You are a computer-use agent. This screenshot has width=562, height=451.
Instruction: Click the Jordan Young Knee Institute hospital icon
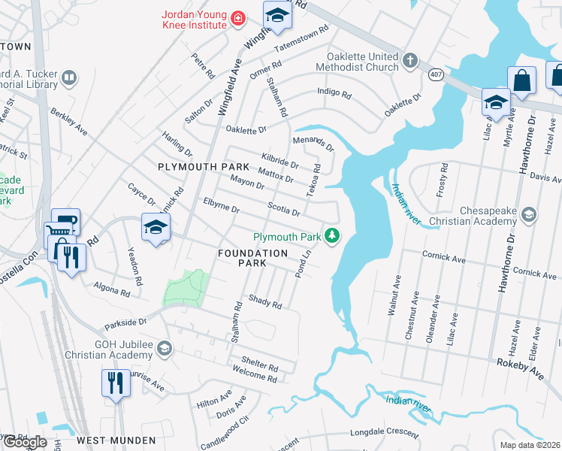click(x=238, y=18)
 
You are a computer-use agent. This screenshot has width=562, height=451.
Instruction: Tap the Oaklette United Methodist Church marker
click(x=409, y=59)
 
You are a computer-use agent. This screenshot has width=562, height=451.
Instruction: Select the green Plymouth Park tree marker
click(x=331, y=237)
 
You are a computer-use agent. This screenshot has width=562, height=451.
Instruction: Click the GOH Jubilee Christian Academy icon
click(x=165, y=349)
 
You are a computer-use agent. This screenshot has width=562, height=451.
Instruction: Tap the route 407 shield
click(x=435, y=74)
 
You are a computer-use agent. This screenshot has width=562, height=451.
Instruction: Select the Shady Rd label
click(x=264, y=301)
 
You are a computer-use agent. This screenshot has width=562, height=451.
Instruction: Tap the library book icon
click(x=68, y=77)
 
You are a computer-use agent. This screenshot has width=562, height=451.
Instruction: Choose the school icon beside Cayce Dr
click(x=156, y=227)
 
